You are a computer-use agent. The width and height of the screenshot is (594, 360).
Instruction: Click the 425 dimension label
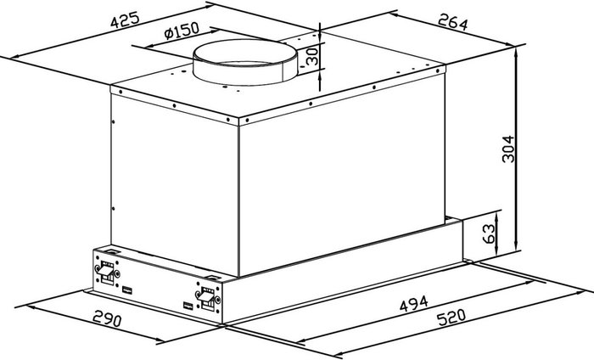(125, 20)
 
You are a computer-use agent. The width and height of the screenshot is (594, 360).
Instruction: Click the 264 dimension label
(452, 22)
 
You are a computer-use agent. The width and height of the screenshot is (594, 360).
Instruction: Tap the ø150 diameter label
(182, 31)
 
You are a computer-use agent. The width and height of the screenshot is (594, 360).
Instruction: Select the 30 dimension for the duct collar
(312, 57)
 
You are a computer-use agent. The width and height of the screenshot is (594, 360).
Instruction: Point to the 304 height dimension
(508, 149)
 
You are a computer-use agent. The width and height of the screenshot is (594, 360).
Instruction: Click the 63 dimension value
(489, 233)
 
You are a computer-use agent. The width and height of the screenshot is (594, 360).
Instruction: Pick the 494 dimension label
(414, 303)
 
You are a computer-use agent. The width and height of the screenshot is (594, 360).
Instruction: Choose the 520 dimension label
(451, 318)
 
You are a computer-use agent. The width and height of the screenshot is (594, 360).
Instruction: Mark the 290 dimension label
(107, 318)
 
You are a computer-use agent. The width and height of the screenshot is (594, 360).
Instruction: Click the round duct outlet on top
(244, 62)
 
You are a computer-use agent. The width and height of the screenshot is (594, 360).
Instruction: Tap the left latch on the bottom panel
(105, 272)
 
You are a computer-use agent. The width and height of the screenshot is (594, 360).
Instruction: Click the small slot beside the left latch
(127, 290)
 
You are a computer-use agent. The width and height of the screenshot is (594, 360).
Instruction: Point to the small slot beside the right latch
(188, 305)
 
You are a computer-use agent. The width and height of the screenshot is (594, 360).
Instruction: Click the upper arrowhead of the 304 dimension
(516, 53)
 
